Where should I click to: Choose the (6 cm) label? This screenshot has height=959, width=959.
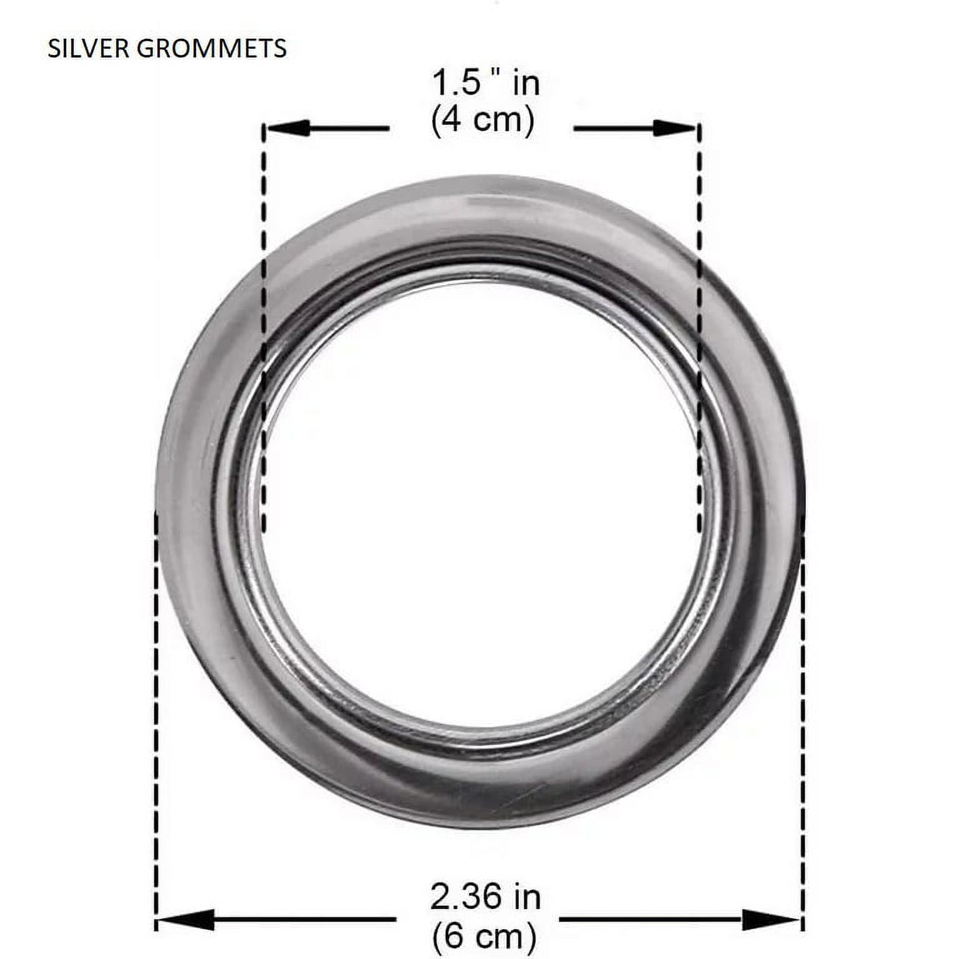pos(484,935)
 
